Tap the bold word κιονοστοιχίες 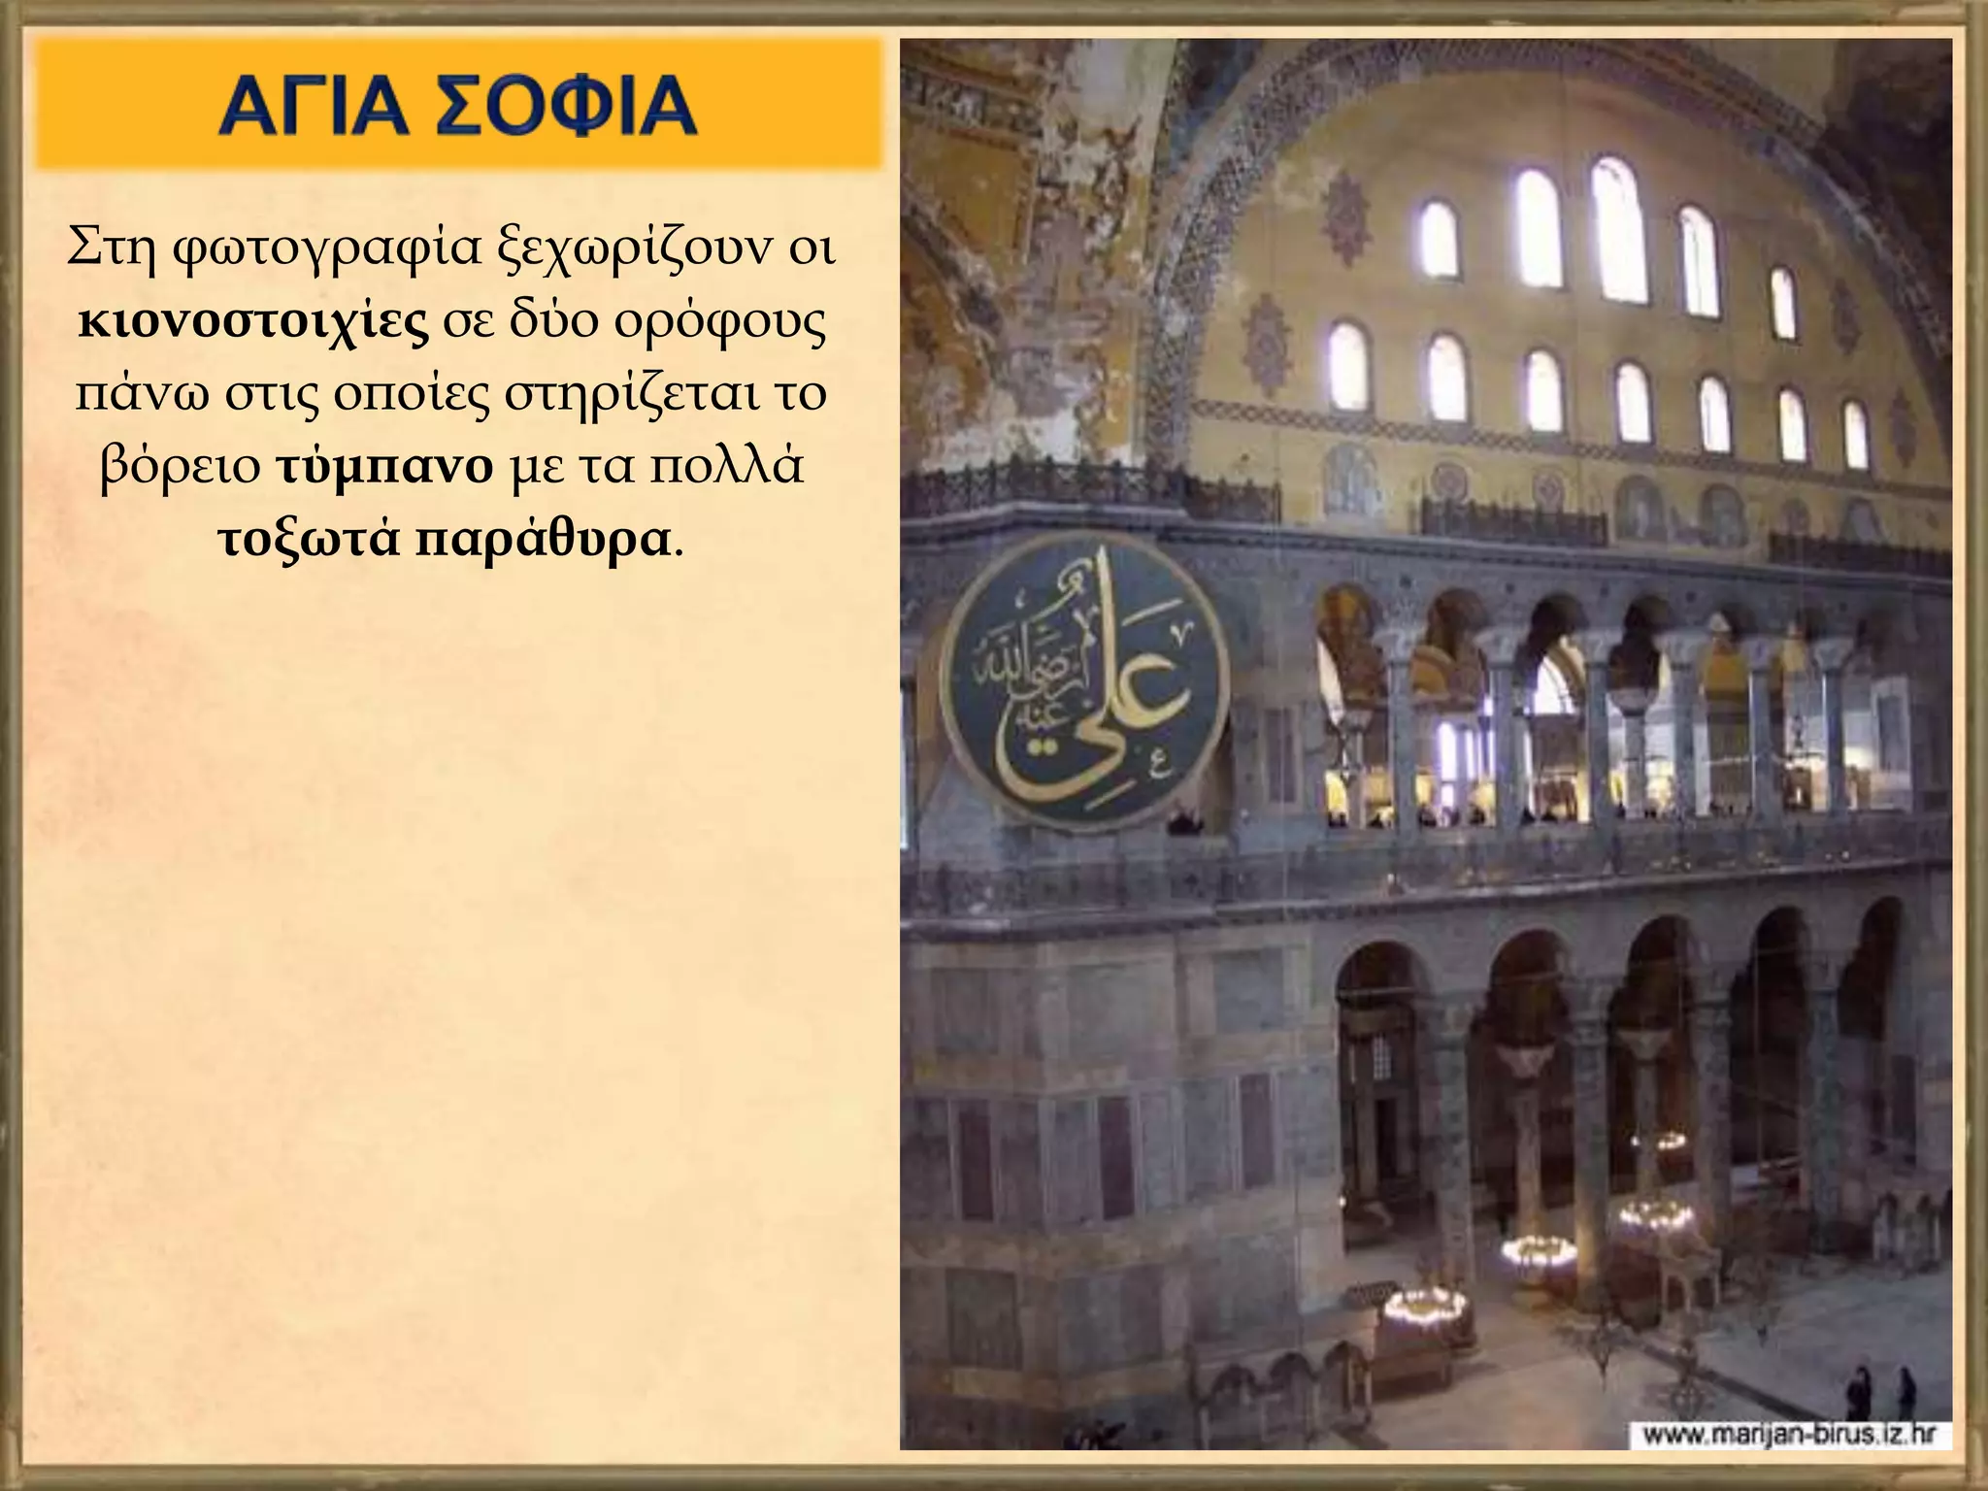tap(253, 322)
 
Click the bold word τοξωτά tap(308, 540)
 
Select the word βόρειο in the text tap(181, 467)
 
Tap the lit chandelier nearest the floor tap(1424, 1307)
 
